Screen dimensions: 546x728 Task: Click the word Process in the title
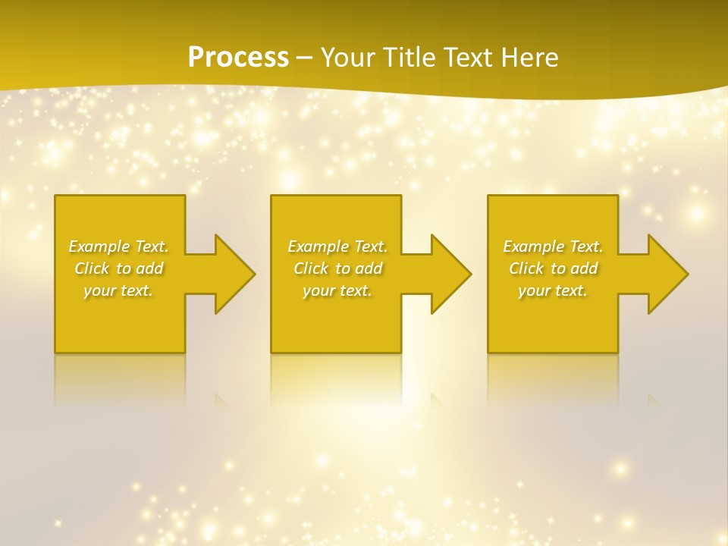coord(238,58)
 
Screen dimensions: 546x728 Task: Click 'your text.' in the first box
coord(118,290)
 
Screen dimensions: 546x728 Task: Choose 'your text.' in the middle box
coord(337,290)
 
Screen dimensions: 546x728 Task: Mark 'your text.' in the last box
coord(553,290)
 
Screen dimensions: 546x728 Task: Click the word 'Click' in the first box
coord(92,268)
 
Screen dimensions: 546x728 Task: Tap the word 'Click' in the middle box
coord(311,268)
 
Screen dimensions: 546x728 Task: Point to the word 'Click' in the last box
coord(526,268)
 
